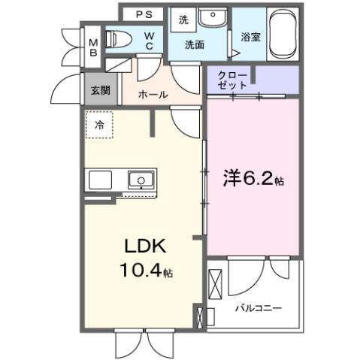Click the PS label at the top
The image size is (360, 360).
pyautogui.click(x=145, y=14)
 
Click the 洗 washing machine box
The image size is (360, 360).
pyautogui.click(x=183, y=20)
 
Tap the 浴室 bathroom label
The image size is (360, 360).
pyautogui.click(x=250, y=36)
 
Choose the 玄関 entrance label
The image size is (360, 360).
pyautogui.click(x=100, y=89)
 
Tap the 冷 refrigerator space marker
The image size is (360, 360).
pyautogui.click(x=98, y=126)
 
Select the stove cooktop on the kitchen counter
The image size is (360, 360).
pyautogui.click(x=100, y=180)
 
